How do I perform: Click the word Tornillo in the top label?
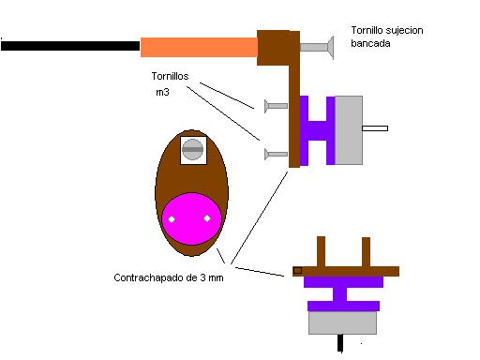click(367, 30)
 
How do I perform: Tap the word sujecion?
click(404, 31)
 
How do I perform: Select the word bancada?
click(370, 43)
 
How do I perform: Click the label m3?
click(162, 92)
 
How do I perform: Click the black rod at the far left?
click(70, 46)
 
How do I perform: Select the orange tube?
click(199, 47)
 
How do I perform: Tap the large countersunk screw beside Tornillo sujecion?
click(317, 47)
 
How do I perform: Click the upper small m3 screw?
click(276, 106)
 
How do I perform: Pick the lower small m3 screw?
click(276, 154)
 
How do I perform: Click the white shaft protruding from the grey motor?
click(375, 128)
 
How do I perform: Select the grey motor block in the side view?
click(349, 130)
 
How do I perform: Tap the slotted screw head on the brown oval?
click(192, 149)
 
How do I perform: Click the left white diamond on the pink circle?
click(172, 219)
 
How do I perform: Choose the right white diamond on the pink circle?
click(207, 218)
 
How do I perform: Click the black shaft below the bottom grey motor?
click(340, 343)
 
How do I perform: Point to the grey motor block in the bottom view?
click(342, 322)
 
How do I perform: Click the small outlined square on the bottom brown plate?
click(297, 271)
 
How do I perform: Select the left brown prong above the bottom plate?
click(322, 252)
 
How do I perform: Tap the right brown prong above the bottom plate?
click(367, 252)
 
